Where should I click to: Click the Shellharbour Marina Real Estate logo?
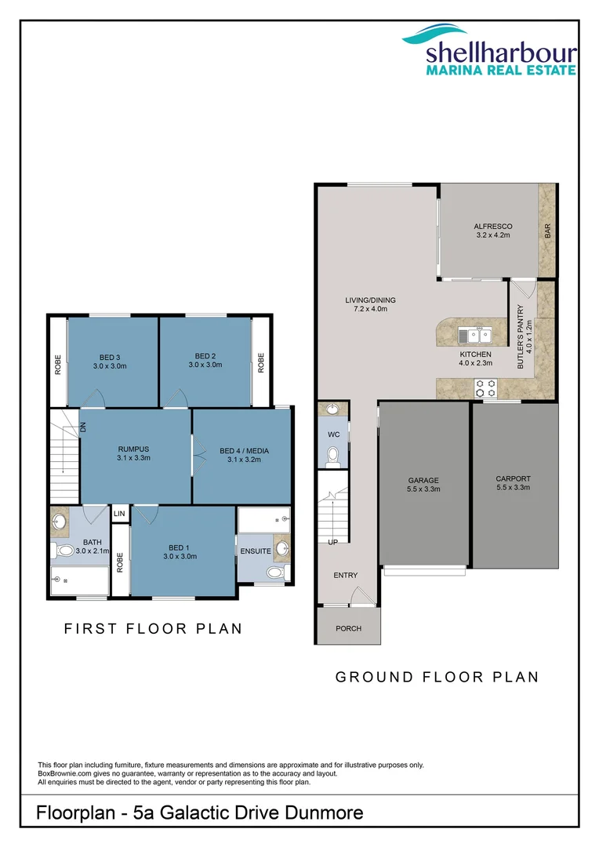click(x=489, y=50)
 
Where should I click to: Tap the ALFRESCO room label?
click(x=492, y=227)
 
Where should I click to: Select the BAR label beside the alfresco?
click(x=547, y=231)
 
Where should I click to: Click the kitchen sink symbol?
click(x=475, y=336)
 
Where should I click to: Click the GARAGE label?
click(x=423, y=480)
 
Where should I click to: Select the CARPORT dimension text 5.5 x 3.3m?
click(x=513, y=488)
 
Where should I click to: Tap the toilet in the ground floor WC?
click(x=332, y=456)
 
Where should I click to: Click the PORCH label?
click(x=348, y=628)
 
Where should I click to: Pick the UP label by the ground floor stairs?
click(x=332, y=542)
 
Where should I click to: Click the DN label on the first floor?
click(x=82, y=427)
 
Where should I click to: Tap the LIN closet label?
click(x=119, y=514)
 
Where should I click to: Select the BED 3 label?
click(x=110, y=356)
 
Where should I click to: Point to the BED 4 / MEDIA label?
click(x=244, y=450)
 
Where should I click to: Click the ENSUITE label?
click(x=256, y=551)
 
